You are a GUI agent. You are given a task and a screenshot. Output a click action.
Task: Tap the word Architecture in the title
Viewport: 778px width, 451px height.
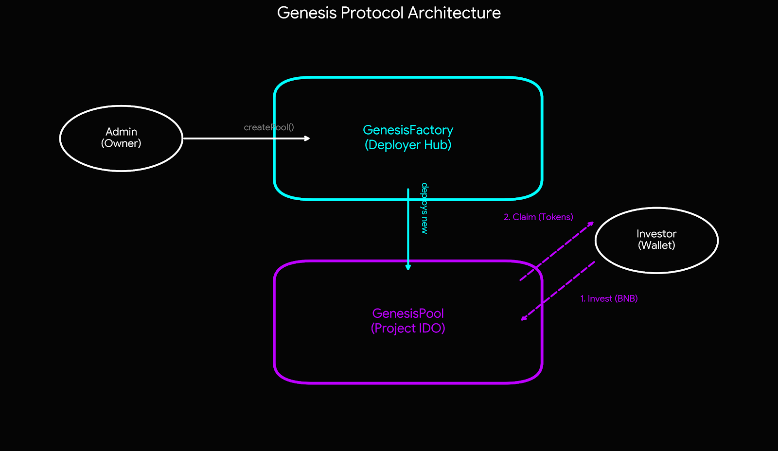coord(454,13)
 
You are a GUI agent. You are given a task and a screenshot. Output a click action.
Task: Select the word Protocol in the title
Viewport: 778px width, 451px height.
coord(372,13)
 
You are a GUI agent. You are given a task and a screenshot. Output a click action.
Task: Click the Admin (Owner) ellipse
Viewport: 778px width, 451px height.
coord(121,156)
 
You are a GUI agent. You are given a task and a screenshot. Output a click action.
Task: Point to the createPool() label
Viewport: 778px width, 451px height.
coord(268,127)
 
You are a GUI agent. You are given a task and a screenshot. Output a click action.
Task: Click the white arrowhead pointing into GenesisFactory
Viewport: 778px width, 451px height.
coord(307,139)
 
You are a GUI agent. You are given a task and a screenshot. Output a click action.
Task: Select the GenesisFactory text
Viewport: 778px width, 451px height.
coord(408,130)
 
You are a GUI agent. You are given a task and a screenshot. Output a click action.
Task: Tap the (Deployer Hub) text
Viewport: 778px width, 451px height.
coord(408,145)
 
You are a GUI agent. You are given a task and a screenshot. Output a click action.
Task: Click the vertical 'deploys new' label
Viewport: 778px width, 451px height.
coord(424,208)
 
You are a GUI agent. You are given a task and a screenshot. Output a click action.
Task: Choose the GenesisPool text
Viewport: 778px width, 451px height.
coord(408,313)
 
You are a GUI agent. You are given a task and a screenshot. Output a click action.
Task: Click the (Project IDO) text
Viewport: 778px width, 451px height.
coord(408,329)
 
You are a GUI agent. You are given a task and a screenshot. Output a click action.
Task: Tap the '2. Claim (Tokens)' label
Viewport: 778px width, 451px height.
coord(538,217)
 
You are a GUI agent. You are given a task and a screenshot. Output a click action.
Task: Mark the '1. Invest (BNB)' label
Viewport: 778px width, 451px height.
coord(609,299)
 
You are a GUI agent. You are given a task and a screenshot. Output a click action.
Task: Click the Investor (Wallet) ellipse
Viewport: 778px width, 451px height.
coord(656,260)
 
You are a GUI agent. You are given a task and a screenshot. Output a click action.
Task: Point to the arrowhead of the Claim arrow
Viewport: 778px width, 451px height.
coord(591,224)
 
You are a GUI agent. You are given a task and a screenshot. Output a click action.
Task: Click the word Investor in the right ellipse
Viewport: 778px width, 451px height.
coord(656,234)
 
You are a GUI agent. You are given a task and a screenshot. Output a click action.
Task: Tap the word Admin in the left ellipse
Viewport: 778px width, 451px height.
coord(121,132)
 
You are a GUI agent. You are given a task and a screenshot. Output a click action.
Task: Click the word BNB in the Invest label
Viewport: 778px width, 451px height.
coord(626,299)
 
